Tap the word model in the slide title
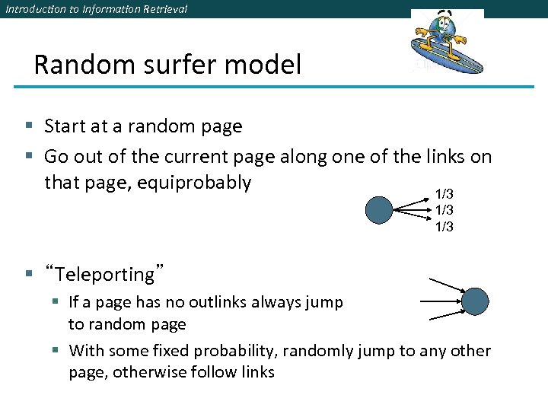point(263,65)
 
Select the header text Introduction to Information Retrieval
point(96,9)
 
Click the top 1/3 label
point(444,195)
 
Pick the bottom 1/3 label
point(444,226)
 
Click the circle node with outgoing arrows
point(378,209)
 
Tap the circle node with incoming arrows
point(476,301)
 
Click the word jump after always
point(327,302)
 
